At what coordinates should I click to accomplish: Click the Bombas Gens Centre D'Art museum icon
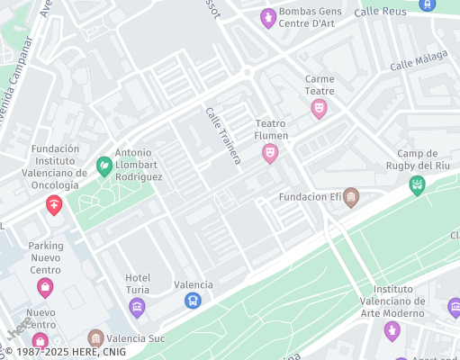pos(267,18)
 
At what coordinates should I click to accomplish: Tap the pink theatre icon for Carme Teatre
pos(318,109)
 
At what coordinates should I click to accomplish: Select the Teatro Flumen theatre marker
pos(270,154)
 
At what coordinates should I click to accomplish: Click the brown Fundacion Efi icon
pos(351,196)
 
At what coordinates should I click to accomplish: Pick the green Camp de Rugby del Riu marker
pos(417,185)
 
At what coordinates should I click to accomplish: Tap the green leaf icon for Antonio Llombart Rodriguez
pos(104,166)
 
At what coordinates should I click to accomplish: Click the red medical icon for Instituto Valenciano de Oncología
pos(54,205)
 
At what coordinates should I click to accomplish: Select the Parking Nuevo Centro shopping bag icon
pos(45,287)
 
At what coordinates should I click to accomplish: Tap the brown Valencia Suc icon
pos(95,338)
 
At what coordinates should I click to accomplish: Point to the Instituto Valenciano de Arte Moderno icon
pos(392,331)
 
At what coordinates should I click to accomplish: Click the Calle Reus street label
pos(380,12)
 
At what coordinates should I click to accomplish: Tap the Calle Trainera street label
pos(223,136)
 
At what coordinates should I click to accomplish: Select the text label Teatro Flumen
pos(272,130)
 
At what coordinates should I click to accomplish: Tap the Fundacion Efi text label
pos(309,196)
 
